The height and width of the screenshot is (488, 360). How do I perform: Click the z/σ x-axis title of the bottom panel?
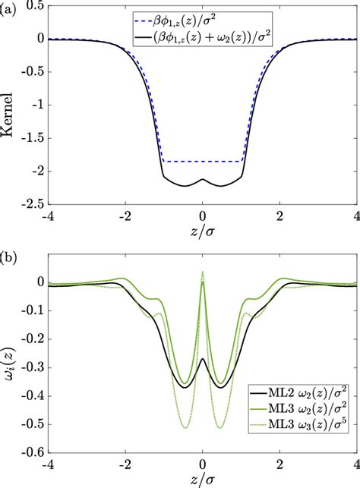click(x=203, y=480)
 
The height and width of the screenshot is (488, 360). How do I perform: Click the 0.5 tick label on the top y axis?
click(x=33, y=6)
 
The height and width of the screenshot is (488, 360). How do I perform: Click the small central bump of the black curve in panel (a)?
click(x=202, y=180)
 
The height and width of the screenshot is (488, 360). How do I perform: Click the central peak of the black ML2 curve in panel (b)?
click(x=202, y=359)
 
